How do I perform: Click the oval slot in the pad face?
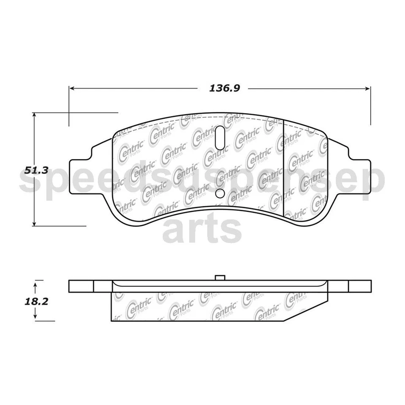(x=220, y=137)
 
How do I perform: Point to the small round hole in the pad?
(x=220, y=193)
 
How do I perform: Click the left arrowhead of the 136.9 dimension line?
(x=72, y=89)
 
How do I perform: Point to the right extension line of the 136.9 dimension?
(x=370, y=105)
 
